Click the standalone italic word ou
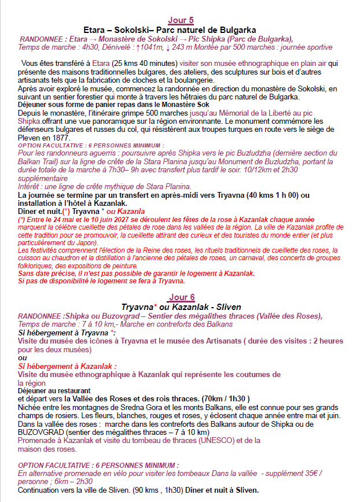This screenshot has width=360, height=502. click(x=22, y=357)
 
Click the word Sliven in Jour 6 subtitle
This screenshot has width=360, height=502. click(x=228, y=307)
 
